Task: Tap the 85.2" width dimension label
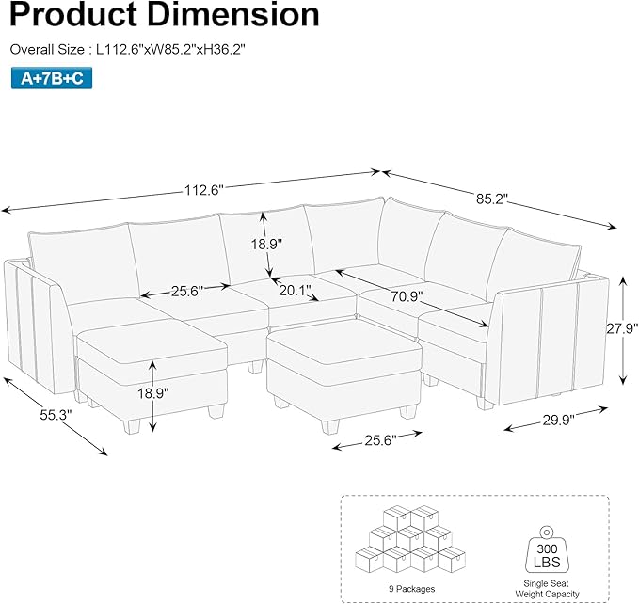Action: point(491,199)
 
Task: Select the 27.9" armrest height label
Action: point(622,328)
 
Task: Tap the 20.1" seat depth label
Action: point(294,291)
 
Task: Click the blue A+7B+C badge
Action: point(53,79)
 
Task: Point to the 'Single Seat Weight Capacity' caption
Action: point(549,589)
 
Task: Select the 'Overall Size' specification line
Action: point(128,48)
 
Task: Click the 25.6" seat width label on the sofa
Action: point(186,292)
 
